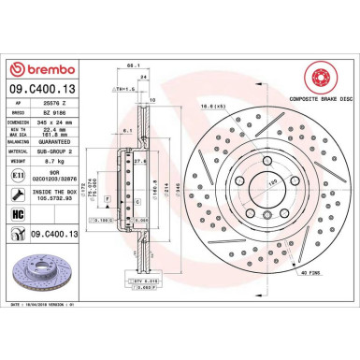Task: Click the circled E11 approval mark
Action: pyautogui.click(x=19, y=188)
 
